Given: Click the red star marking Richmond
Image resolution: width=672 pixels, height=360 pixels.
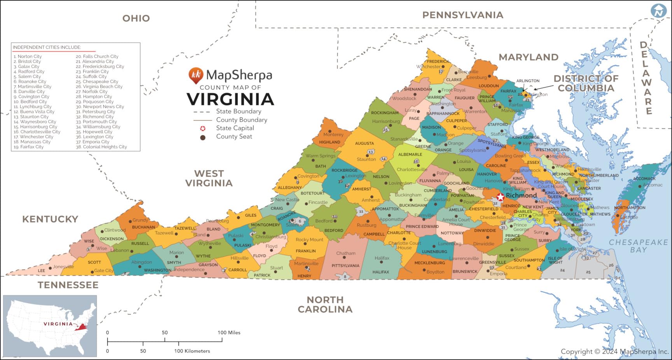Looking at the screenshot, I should click(500, 196).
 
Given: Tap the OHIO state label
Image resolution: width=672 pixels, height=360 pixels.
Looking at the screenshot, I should click(136, 18).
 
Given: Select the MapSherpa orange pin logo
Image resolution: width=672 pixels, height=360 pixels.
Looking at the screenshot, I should click(196, 75).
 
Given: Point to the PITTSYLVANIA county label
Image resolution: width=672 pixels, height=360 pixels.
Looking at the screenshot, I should click(345, 266).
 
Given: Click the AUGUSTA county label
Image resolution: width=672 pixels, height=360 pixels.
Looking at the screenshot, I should click(364, 143).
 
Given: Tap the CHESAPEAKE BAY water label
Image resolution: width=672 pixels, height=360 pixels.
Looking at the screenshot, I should click(638, 246).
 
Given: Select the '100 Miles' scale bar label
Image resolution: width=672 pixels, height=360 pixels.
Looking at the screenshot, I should click(229, 332).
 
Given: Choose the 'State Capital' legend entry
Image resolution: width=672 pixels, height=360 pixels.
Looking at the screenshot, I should click(235, 128).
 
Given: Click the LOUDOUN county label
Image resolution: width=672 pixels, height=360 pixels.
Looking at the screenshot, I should click(488, 86).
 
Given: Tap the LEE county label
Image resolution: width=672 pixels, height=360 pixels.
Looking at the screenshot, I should click(42, 271).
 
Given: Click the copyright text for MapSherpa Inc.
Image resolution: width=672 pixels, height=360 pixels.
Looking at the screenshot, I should click(614, 351).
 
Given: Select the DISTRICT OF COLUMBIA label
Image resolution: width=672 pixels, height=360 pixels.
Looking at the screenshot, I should click(586, 83).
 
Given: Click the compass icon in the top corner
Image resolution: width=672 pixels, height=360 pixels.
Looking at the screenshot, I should click(659, 11).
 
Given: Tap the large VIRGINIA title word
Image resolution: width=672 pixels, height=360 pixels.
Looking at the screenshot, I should click(231, 100).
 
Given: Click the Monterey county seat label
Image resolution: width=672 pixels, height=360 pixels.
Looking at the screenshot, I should click(333, 135).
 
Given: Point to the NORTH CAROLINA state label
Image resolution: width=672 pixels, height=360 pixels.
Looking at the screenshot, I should click(325, 304).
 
